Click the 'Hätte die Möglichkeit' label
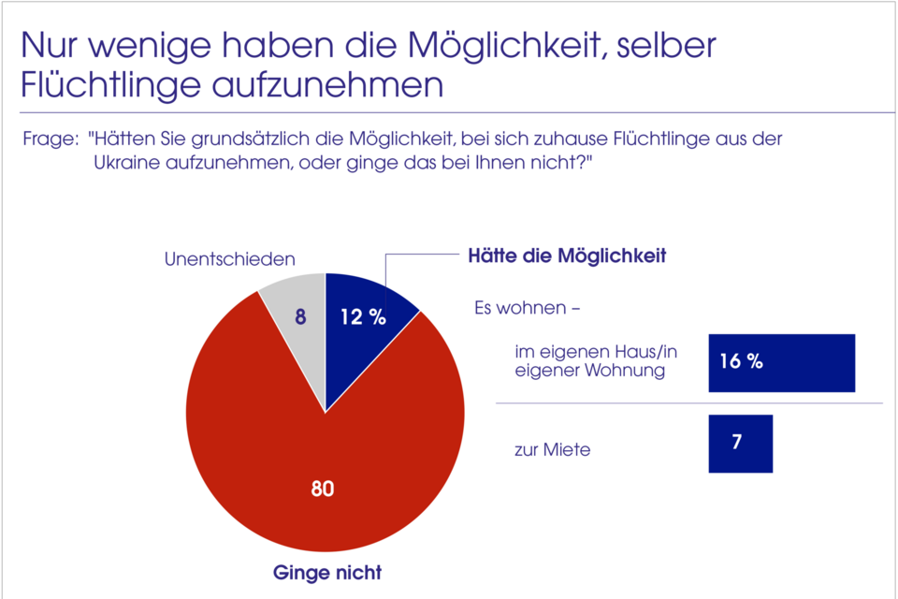tap(567, 255)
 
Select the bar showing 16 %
tap(782, 362)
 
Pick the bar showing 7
tap(740, 443)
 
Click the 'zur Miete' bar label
tap(552, 450)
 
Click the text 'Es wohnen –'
tap(529, 307)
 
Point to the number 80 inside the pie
tap(322, 489)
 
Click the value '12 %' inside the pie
tap(362, 317)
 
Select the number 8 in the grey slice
tap(299, 316)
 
